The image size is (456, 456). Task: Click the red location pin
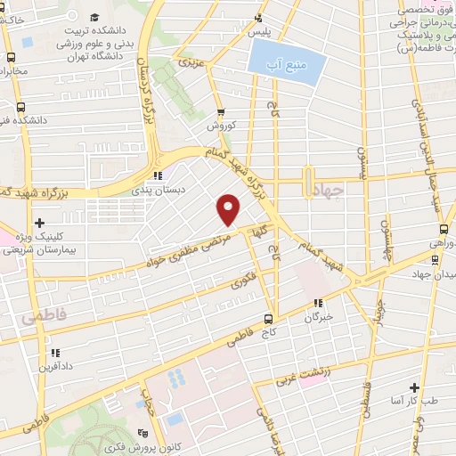click(230, 209)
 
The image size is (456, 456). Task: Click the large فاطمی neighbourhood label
click(35, 316)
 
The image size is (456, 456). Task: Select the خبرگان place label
click(319, 317)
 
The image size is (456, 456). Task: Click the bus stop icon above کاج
click(269, 319)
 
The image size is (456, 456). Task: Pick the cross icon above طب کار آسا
click(414, 387)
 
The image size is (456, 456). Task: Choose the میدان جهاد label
click(432, 273)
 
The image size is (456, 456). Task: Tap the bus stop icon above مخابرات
click(10, 56)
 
